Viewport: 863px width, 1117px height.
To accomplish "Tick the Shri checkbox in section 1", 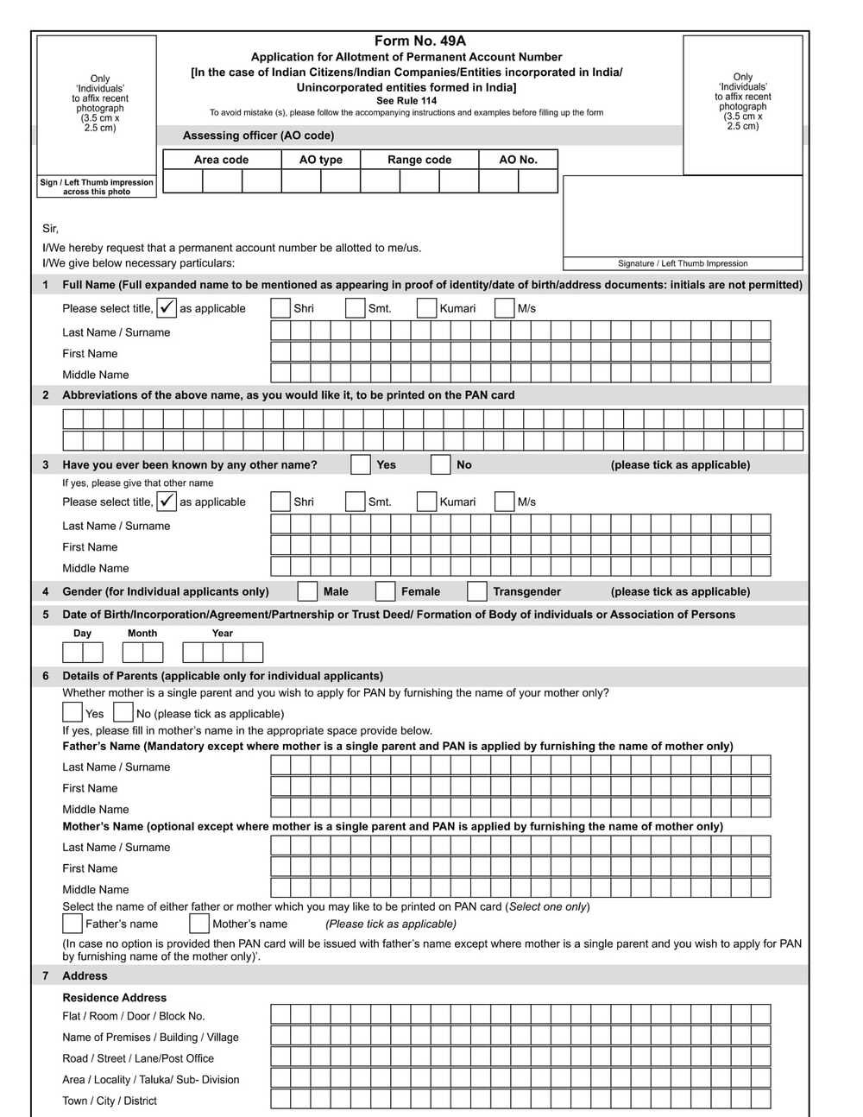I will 280,308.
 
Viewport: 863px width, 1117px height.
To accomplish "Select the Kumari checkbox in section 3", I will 426,502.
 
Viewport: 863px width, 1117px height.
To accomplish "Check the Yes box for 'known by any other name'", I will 361,464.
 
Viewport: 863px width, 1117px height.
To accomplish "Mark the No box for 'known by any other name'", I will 440,464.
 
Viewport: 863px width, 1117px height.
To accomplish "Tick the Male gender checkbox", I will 307,591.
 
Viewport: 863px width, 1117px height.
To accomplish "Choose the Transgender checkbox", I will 477,591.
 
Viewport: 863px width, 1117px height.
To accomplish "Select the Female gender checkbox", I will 386,591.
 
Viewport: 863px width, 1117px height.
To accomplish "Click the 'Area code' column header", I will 221,160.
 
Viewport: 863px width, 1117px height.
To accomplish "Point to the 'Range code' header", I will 419,160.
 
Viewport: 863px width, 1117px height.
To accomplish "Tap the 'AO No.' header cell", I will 518,160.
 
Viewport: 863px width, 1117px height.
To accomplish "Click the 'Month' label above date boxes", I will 142,633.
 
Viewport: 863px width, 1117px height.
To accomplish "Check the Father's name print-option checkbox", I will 72,924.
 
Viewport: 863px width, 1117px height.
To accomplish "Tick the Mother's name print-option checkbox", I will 199,924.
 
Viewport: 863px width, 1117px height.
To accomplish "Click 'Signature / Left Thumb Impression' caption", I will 683,263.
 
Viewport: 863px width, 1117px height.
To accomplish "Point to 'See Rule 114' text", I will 406,101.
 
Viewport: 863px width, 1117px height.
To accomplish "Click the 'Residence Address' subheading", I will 114,997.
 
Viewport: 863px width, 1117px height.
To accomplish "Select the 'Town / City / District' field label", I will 110,1101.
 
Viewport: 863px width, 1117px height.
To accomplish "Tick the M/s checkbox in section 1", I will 505,308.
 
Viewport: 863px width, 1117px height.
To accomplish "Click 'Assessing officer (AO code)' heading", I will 258,136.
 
